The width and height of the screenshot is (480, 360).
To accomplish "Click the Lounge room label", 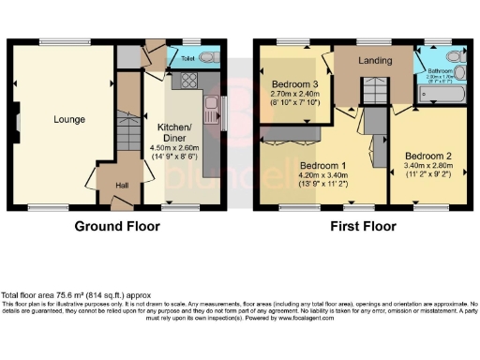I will coord(68,119).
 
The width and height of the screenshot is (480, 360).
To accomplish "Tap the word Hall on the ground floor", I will coord(122,185).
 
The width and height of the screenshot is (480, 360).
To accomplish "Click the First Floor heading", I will coord(361,227).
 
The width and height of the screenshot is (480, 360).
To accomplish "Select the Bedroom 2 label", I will coord(427,154).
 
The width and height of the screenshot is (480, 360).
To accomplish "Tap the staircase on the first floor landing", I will coord(375,91).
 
